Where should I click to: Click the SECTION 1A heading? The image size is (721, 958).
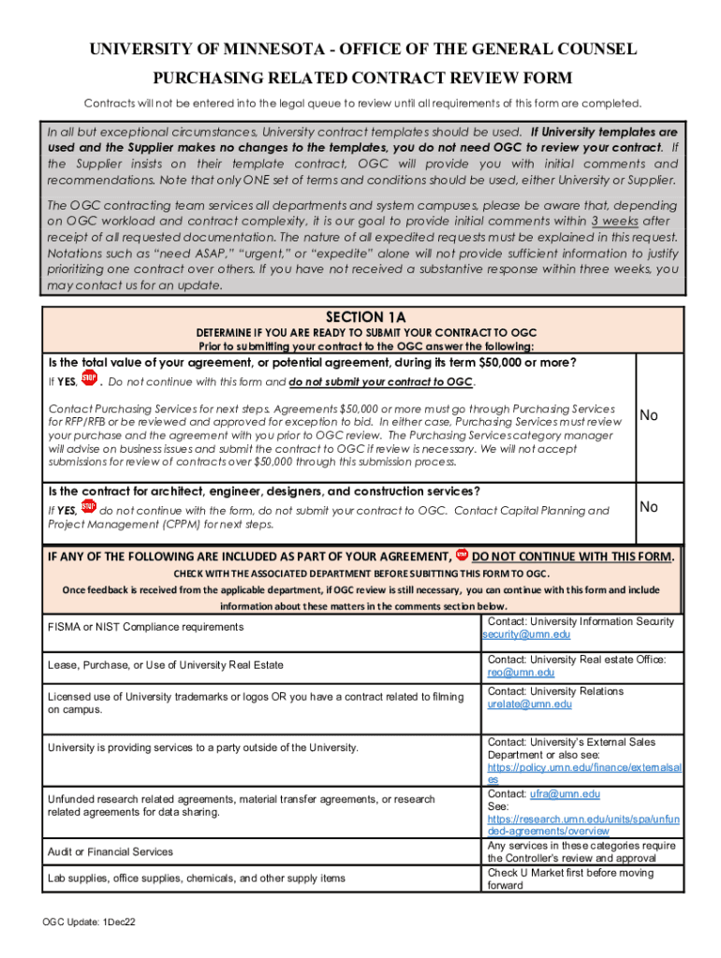click(366, 317)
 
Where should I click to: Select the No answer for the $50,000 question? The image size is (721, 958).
click(648, 414)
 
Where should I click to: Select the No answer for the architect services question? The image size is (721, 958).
click(648, 506)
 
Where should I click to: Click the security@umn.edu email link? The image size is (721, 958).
click(526, 634)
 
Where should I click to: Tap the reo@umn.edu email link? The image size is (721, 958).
click(521, 672)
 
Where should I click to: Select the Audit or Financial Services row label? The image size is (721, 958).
click(110, 851)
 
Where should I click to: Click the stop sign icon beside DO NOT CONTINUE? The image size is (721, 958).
click(462, 555)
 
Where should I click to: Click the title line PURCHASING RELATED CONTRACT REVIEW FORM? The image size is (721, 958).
click(361, 78)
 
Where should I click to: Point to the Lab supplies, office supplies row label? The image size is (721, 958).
click(197, 878)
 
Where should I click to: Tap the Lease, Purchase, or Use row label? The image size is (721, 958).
click(166, 665)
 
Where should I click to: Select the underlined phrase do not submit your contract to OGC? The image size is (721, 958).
click(380, 382)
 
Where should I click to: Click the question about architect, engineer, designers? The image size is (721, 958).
click(265, 491)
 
